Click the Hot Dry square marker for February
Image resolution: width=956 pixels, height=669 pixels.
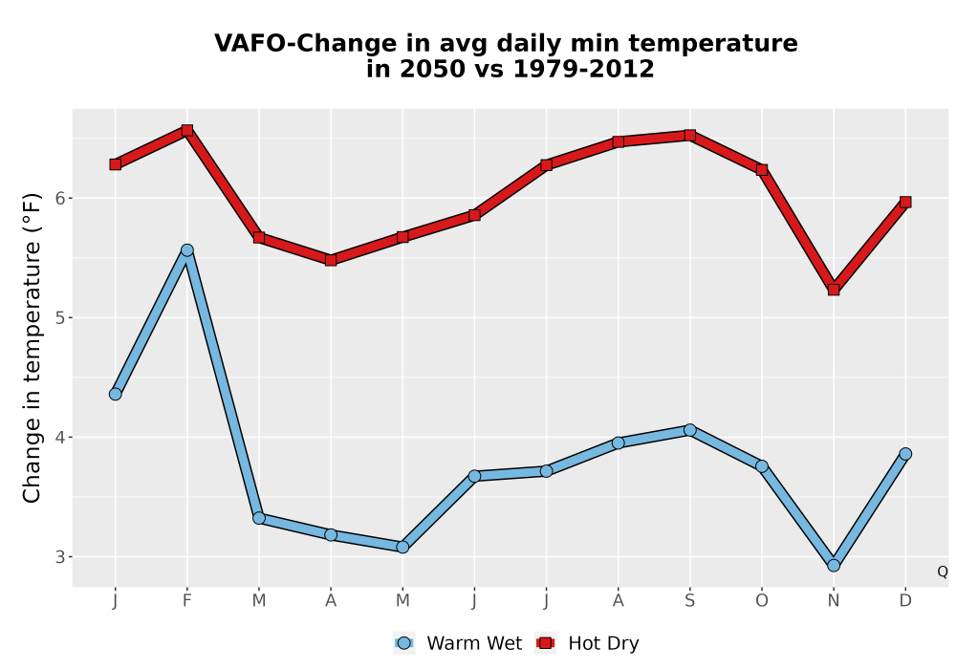pos(187,130)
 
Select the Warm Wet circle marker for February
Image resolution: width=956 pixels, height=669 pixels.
pos(187,249)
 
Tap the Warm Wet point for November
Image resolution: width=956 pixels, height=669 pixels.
pos(834,566)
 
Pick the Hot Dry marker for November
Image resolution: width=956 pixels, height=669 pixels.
pos(834,290)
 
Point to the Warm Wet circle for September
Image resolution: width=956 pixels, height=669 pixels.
pos(689,430)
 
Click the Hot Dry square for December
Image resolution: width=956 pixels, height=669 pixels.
pos(905,202)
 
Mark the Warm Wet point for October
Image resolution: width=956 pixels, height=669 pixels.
pos(762,466)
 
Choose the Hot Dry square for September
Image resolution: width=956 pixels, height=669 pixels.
pos(689,135)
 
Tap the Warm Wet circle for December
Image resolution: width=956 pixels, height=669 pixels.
pos(905,454)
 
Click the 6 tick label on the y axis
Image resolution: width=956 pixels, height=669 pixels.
pos(59,198)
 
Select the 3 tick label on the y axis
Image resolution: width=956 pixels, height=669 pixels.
pos(59,557)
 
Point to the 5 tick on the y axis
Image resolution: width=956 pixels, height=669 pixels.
pos(59,317)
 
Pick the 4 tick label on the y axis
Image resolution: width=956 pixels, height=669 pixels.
pos(59,438)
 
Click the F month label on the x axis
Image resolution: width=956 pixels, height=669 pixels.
pos(187,601)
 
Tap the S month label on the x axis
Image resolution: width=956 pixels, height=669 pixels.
pos(689,601)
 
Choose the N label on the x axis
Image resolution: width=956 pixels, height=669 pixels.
pos(834,601)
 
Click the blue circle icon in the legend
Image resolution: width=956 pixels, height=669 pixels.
pos(403,643)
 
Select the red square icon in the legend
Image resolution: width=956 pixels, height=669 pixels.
pos(546,643)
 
